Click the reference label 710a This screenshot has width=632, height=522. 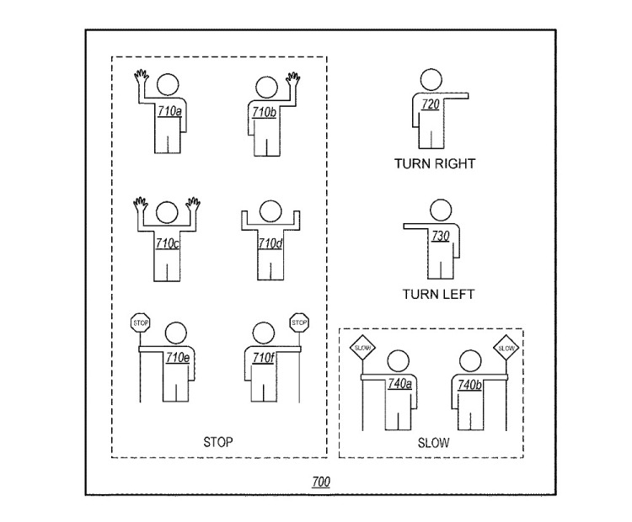[169, 110]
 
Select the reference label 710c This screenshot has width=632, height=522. [168, 243]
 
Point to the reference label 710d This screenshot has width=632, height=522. [269, 244]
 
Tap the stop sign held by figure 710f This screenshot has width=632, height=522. [298, 322]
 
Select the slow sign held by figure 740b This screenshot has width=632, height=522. [506, 348]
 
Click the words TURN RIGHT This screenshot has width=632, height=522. [434, 163]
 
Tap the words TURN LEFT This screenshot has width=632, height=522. [438, 294]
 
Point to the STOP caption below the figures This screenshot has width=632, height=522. [218, 441]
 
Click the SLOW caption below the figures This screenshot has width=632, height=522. [433, 442]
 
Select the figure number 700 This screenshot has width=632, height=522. [321, 482]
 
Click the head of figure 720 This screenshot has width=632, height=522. [431, 80]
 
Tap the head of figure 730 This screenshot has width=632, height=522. [441, 211]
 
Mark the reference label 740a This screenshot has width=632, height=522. [399, 384]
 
